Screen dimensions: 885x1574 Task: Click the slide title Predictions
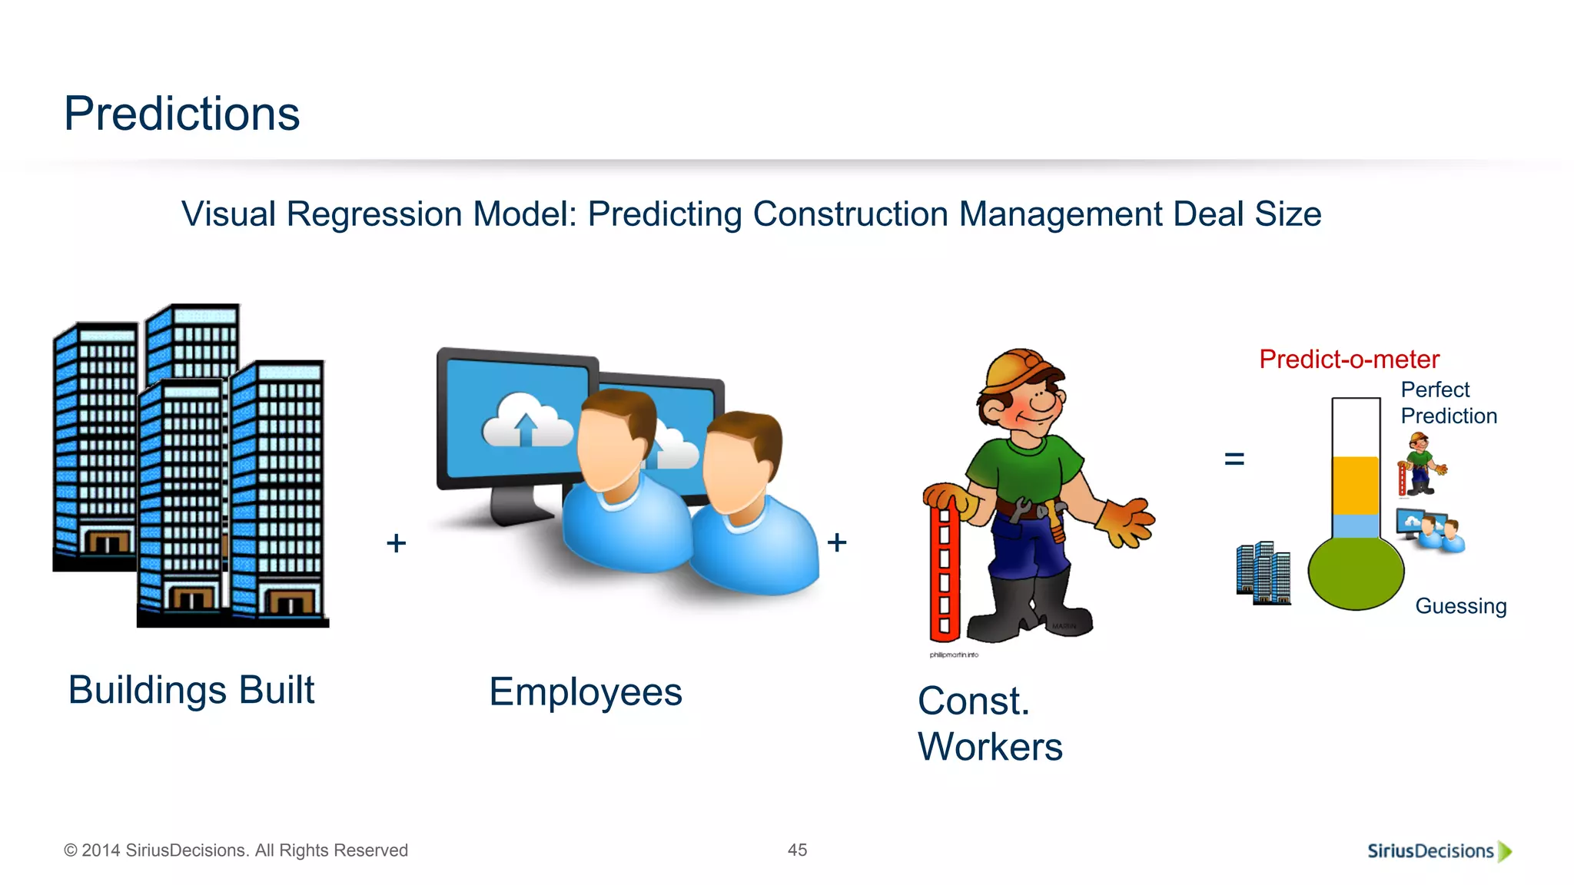point(181,114)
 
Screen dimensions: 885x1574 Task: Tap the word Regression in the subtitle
point(374,214)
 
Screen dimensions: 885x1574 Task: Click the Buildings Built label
point(191,690)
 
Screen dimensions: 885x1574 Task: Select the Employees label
point(586,692)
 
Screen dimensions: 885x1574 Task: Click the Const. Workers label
point(989,724)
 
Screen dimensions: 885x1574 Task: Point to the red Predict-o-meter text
point(1349,360)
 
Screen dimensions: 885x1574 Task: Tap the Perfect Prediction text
point(1448,403)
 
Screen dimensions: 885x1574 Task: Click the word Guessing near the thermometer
point(1460,606)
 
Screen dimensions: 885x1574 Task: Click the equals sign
point(1234,459)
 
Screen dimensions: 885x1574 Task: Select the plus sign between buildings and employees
point(396,543)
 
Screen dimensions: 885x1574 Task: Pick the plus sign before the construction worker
point(837,542)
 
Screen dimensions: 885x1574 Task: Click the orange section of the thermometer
point(1356,486)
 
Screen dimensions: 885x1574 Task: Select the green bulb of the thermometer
point(1356,573)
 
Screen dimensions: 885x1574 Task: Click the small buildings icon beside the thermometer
point(1263,573)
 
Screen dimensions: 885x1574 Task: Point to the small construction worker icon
point(1420,464)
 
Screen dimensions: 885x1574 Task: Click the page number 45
point(797,850)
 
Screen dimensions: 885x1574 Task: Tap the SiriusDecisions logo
point(1438,851)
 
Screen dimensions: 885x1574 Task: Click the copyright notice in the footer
point(236,850)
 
